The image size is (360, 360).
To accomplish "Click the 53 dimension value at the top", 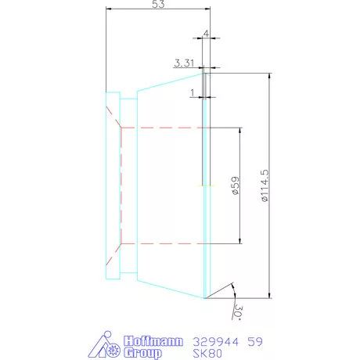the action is (158, 4).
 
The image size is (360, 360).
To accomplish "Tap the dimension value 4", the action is (206, 34).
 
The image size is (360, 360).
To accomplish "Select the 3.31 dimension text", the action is (184, 63).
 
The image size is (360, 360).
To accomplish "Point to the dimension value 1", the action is (193, 92).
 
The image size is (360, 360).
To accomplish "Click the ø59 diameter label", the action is (236, 185).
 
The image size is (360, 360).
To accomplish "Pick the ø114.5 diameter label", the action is (265, 185).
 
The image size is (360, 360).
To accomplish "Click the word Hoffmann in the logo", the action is (153, 341).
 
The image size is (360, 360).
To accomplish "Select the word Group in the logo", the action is (142, 353).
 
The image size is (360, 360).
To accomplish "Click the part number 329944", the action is (216, 341).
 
